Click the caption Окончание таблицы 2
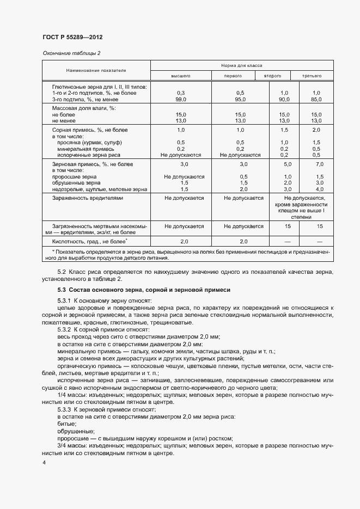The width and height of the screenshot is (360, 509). coord(71,53)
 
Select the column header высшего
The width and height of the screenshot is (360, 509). coord(181,76)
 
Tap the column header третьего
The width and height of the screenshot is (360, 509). coord(312,76)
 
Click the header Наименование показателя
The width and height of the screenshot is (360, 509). coord(96,70)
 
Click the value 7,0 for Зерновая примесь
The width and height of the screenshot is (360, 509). coord(319,164)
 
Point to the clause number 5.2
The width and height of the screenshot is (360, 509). coord(61,271)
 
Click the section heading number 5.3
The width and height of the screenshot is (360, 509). coord(62,290)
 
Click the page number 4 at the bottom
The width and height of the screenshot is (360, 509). coord(44,462)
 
